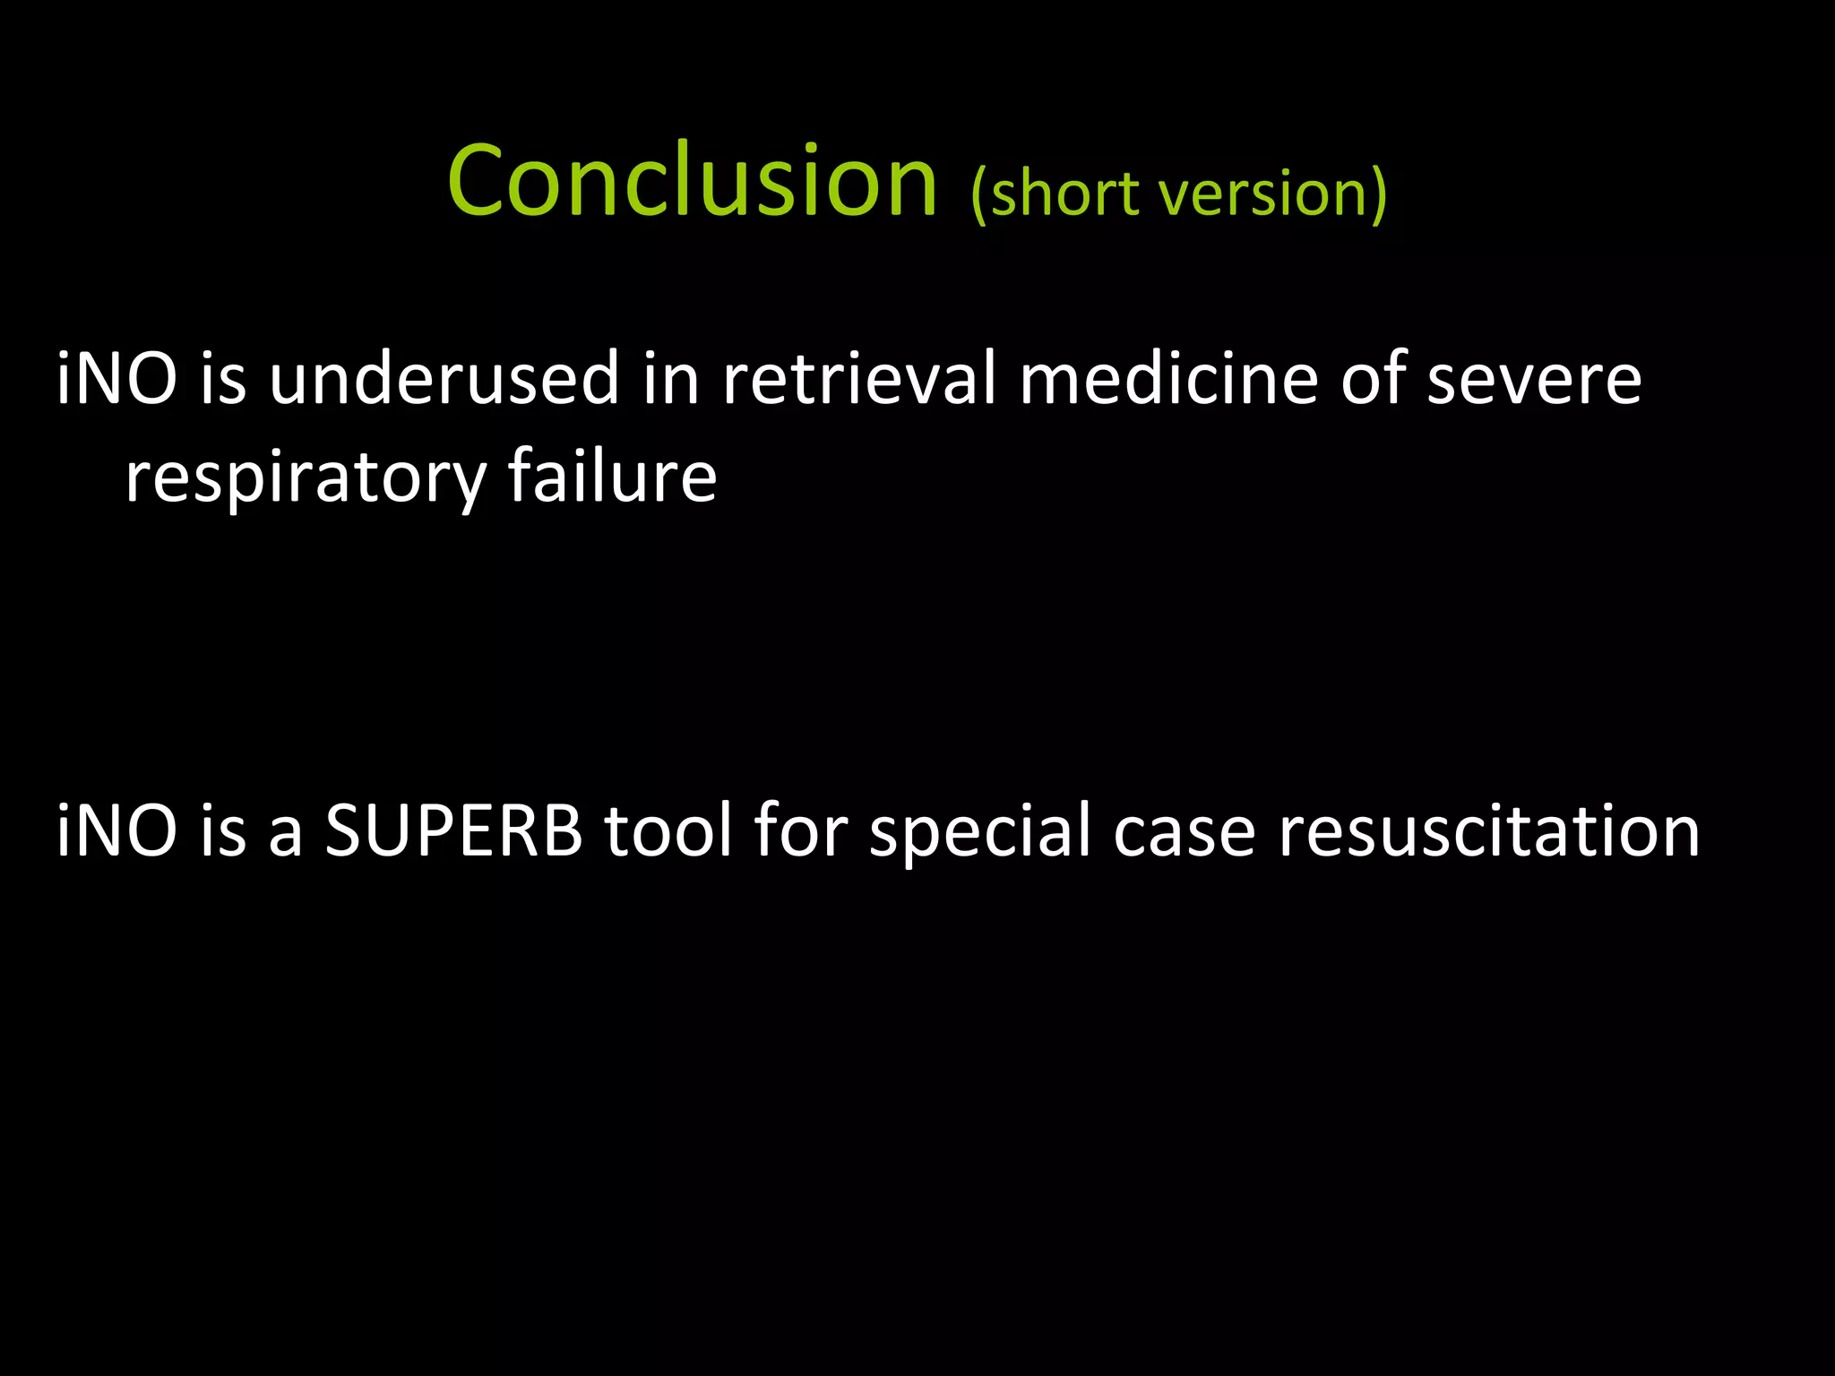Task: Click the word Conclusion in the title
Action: tap(692, 181)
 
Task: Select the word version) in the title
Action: tap(1273, 193)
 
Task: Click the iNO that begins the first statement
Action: tap(116, 379)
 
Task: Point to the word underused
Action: tap(444, 379)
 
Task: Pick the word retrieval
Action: tap(858, 379)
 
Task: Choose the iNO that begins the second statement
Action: tap(116, 831)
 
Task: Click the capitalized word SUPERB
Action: tap(453, 831)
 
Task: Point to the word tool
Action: tap(668, 831)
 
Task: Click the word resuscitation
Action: tap(1488, 831)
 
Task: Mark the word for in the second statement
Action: tap(800, 831)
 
